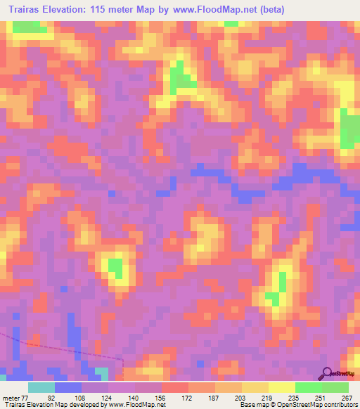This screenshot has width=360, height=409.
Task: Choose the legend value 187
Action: [214, 396]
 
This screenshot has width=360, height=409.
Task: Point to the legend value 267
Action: [345, 396]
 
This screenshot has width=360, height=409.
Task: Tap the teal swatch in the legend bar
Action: [41, 387]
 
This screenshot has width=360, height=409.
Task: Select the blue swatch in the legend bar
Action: [68, 387]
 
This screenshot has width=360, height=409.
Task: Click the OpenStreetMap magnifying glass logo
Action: [328, 373]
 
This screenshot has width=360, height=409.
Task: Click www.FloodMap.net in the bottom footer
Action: [136, 405]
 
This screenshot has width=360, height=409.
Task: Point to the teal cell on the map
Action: [102, 372]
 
